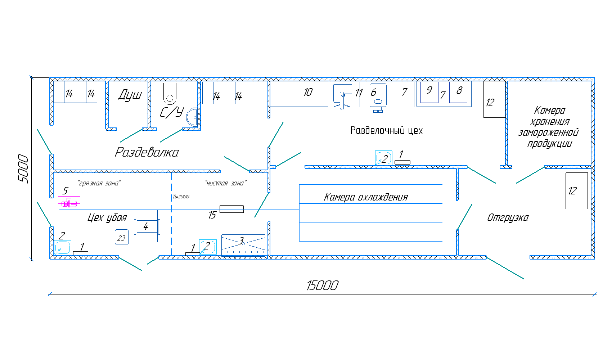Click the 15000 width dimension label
click(x=322, y=285)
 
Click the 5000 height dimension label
click(x=23, y=168)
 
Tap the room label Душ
click(x=130, y=95)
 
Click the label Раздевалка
click(x=147, y=152)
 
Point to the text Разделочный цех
click(x=386, y=130)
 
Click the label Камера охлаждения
click(x=366, y=197)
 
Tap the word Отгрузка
click(x=508, y=217)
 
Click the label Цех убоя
click(x=107, y=217)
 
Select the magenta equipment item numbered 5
click(x=69, y=203)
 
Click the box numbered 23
click(x=122, y=238)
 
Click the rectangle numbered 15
click(x=231, y=209)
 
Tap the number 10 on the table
click(x=308, y=93)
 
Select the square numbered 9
click(x=429, y=92)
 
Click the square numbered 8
click(x=458, y=92)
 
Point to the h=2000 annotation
click(x=181, y=197)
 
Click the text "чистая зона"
click(x=226, y=183)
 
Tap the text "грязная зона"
click(x=99, y=183)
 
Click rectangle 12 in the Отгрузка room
click(x=576, y=191)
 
